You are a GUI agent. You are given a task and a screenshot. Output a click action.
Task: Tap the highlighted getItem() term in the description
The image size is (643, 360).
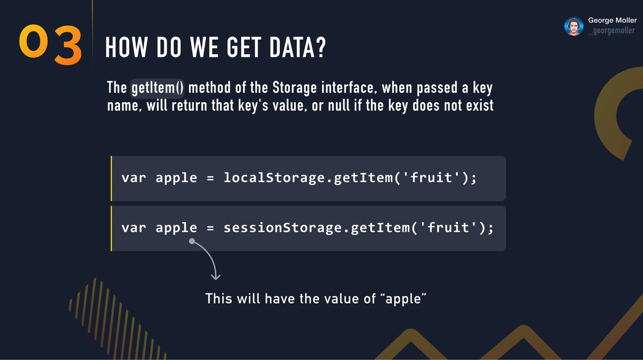tap(158, 87)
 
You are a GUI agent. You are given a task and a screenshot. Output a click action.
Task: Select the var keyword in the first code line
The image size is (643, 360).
tap(133, 178)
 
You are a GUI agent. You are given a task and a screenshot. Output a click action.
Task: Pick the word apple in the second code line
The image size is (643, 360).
tap(176, 228)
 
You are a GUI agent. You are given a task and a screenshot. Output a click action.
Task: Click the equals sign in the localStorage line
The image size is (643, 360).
tap(210, 178)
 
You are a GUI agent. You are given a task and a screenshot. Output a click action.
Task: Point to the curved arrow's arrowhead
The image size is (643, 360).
tap(215, 276)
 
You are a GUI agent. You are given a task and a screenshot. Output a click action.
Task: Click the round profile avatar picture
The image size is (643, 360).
tap(574, 26)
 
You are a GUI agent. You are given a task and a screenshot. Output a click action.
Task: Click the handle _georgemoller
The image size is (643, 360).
tap(612, 31)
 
